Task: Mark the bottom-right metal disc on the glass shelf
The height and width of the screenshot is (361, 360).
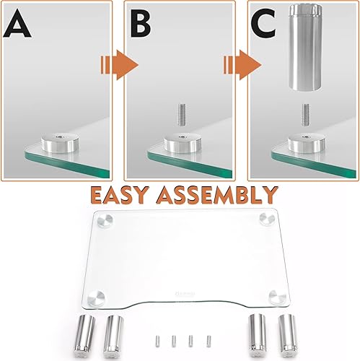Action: point(276,296)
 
